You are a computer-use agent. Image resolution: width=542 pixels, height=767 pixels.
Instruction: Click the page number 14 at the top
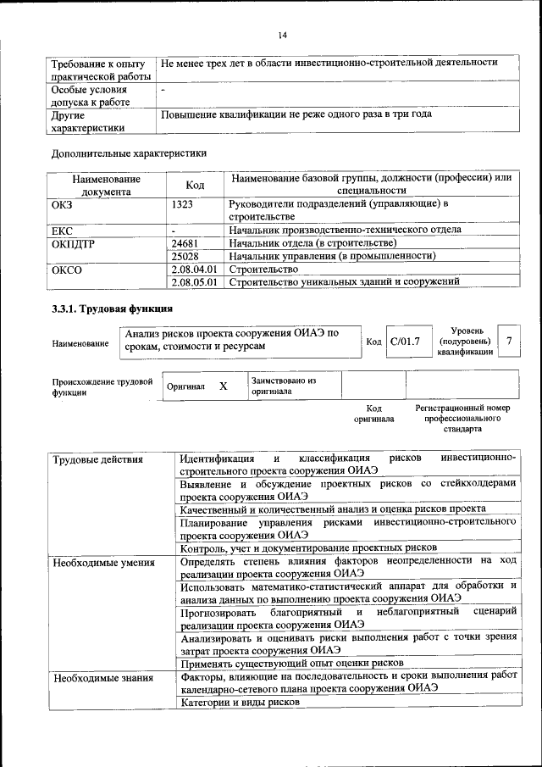pyautogui.click(x=282, y=35)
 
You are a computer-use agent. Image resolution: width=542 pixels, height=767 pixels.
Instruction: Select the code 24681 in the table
pyautogui.click(x=185, y=243)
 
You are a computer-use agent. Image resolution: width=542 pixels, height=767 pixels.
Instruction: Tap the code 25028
pyautogui.click(x=185, y=255)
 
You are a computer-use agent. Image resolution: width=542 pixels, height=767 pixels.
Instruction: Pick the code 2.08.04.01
pyautogui.click(x=195, y=269)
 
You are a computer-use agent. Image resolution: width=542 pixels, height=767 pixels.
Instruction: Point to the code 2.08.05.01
pyautogui.click(x=195, y=281)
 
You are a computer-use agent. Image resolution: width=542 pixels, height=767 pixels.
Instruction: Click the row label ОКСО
pyautogui.click(x=67, y=269)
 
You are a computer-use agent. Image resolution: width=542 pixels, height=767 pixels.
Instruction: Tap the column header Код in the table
pyautogui.click(x=195, y=186)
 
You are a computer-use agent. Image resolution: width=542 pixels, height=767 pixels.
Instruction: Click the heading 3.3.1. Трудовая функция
pyautogui.click(x=113, y=308)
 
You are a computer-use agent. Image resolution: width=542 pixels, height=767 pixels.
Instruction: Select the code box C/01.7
pyautogui.click(x=406, y=342)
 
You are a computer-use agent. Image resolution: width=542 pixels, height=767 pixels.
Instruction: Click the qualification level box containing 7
pyautogui.click(x=508, y=341)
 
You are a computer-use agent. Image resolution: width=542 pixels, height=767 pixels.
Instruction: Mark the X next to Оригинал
pyautogui.click(x=223, y=386)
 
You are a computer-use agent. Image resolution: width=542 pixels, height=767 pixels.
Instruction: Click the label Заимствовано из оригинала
pyautogui.click(x=283, y=386)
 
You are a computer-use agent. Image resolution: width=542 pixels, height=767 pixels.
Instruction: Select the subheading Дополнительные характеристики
pyautogui.click(x=129, y=153)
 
